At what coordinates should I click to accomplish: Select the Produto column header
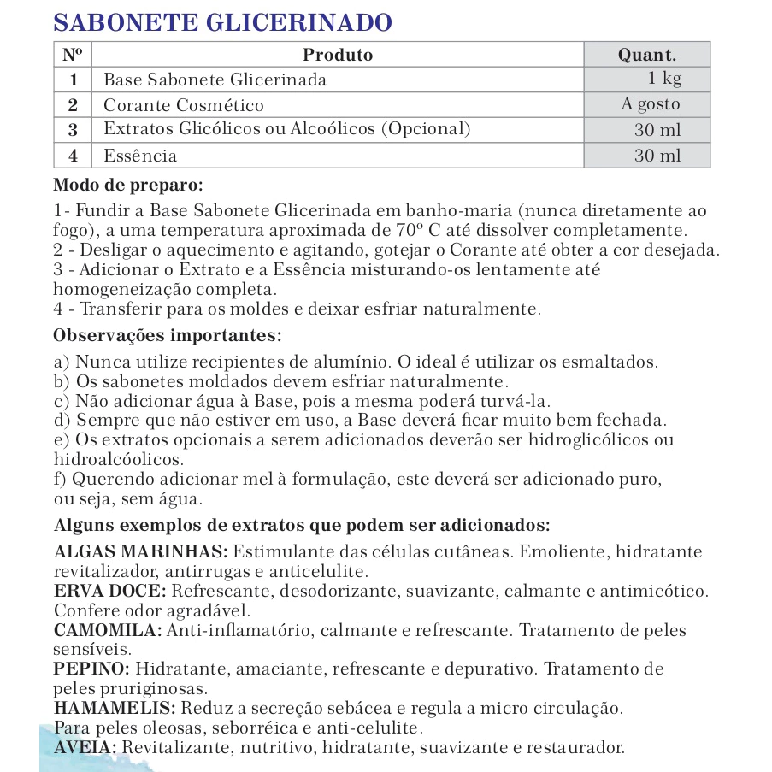[338, 55]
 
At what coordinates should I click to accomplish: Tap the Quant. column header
[646, 55]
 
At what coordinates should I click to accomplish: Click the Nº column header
[73, 55]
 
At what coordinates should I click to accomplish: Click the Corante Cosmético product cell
[184, 105]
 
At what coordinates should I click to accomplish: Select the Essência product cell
[140, 156]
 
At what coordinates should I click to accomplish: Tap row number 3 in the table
[73, 130]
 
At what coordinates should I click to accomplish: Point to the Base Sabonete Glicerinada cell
[215, 80]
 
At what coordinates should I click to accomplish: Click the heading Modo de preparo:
[128, 184]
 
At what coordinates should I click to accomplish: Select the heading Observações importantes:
[167, 333]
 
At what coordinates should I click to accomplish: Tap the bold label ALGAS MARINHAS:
[140, 551]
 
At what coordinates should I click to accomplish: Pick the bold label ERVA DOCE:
[111, 591]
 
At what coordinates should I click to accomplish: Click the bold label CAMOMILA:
[108, 630]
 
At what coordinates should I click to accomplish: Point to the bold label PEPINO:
[91, 669]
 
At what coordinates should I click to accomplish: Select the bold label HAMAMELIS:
[115, 708]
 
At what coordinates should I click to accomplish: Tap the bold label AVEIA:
[85, 747]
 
